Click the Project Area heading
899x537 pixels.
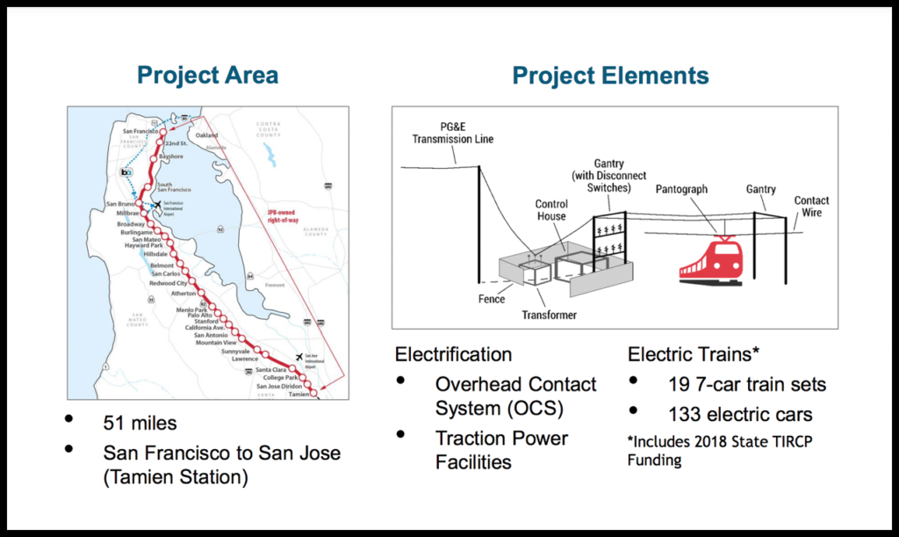pyautogui.click(x=208, y=76)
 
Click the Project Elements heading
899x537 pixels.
pyautogui.click(x=610, y=76)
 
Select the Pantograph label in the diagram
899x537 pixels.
pyautogui.click(x=681, y=189)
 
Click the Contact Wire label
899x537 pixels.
pyautogui.click(x=811, y=207)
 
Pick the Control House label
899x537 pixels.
pyautogui.click(x=551, y=210)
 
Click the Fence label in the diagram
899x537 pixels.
pyautogui.click(x=492, y=299)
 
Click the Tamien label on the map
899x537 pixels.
pyautogui.click(x=299, y=395)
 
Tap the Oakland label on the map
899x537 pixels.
pyautogui.click(x=206, y=135)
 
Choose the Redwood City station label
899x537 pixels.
pyautogui.click(x=169, y=283)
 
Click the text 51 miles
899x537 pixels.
pyautogui.click(x=140, y=423)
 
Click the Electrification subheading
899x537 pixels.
pyautogui.click(x=453, y=355)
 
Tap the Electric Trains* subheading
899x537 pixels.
pyautogui.click(x=694, y=355)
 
